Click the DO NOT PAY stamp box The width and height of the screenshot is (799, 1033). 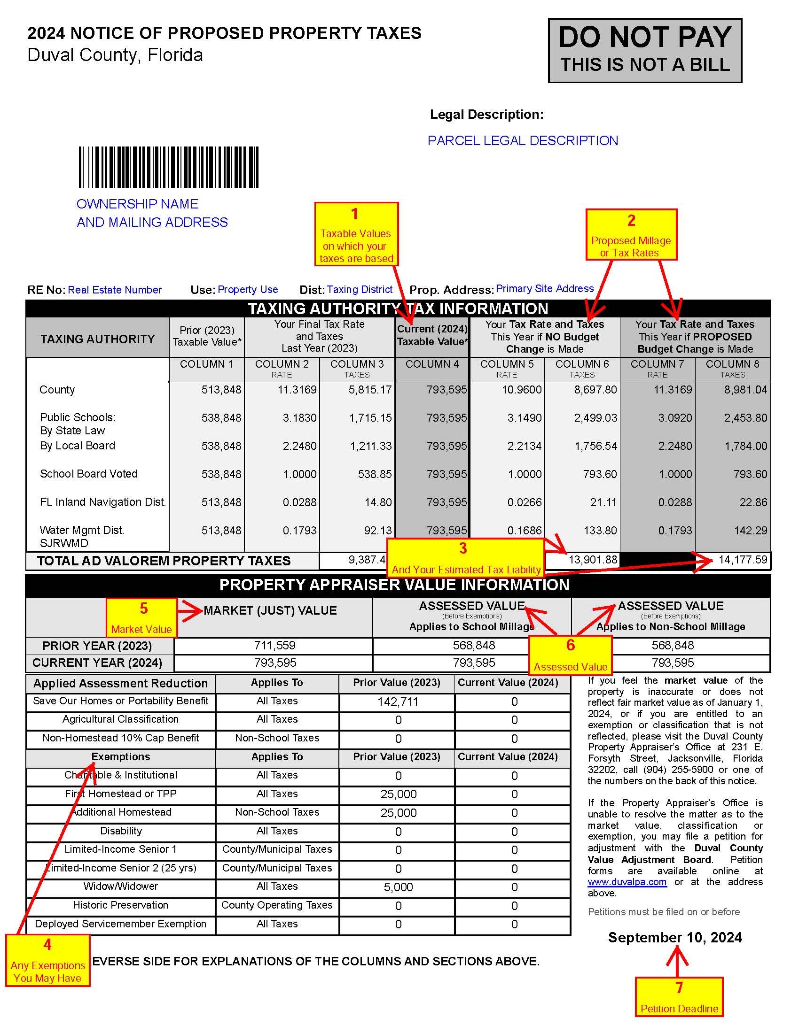tap(645, 51)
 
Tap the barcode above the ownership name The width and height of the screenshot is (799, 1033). tap(169, 167)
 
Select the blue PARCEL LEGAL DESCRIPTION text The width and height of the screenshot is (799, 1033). tap(523, 140)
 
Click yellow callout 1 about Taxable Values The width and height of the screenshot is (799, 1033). tap(356, 234)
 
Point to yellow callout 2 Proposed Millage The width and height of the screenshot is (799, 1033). tap(631, 235)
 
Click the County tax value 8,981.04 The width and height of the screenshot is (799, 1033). tap(745, 390)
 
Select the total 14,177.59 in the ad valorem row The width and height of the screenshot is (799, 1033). tap(742, 560)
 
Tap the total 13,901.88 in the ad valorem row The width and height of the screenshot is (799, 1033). tap(593, 560)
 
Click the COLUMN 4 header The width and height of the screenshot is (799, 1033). tap(431, 364)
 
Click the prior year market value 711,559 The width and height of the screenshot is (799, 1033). tap(274, 646)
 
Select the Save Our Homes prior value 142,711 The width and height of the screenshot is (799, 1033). tap(398, 702)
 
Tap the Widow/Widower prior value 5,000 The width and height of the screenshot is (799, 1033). tap(398, 887)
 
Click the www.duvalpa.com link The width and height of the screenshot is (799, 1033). tap(627, 882)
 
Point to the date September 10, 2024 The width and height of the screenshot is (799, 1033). tap(675, 938)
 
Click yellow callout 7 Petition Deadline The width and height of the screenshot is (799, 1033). tap(679, 996)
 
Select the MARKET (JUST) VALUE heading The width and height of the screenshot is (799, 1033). tap(270, 610)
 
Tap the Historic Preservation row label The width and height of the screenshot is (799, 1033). tap(121, 905)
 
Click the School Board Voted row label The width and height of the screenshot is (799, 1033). tap(89, 474)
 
